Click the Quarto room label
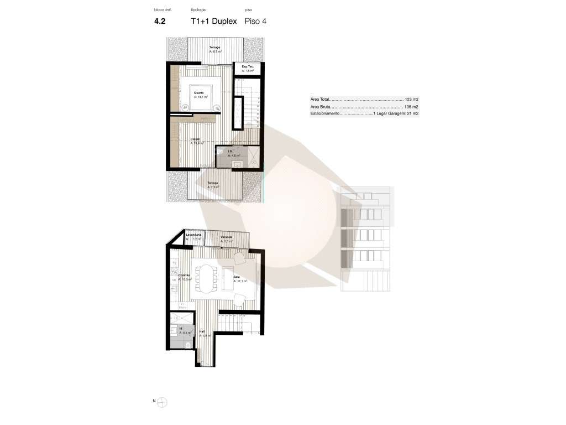(x=199, y=92)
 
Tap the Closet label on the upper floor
(x=195, y=139)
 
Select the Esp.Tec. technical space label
(x=248, y=67)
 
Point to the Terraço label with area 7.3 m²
(x=212, y=183)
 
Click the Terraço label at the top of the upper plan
(x=215, y=48)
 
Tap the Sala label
(x=236, y=277)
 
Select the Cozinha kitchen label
(x=184, y=275)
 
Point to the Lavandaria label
(x=193, y=235)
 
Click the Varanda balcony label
(x=227, y=237)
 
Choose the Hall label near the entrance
(x=202, y=331)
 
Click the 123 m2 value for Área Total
(x=411, y=99)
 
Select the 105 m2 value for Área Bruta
(x=411, y=106)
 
